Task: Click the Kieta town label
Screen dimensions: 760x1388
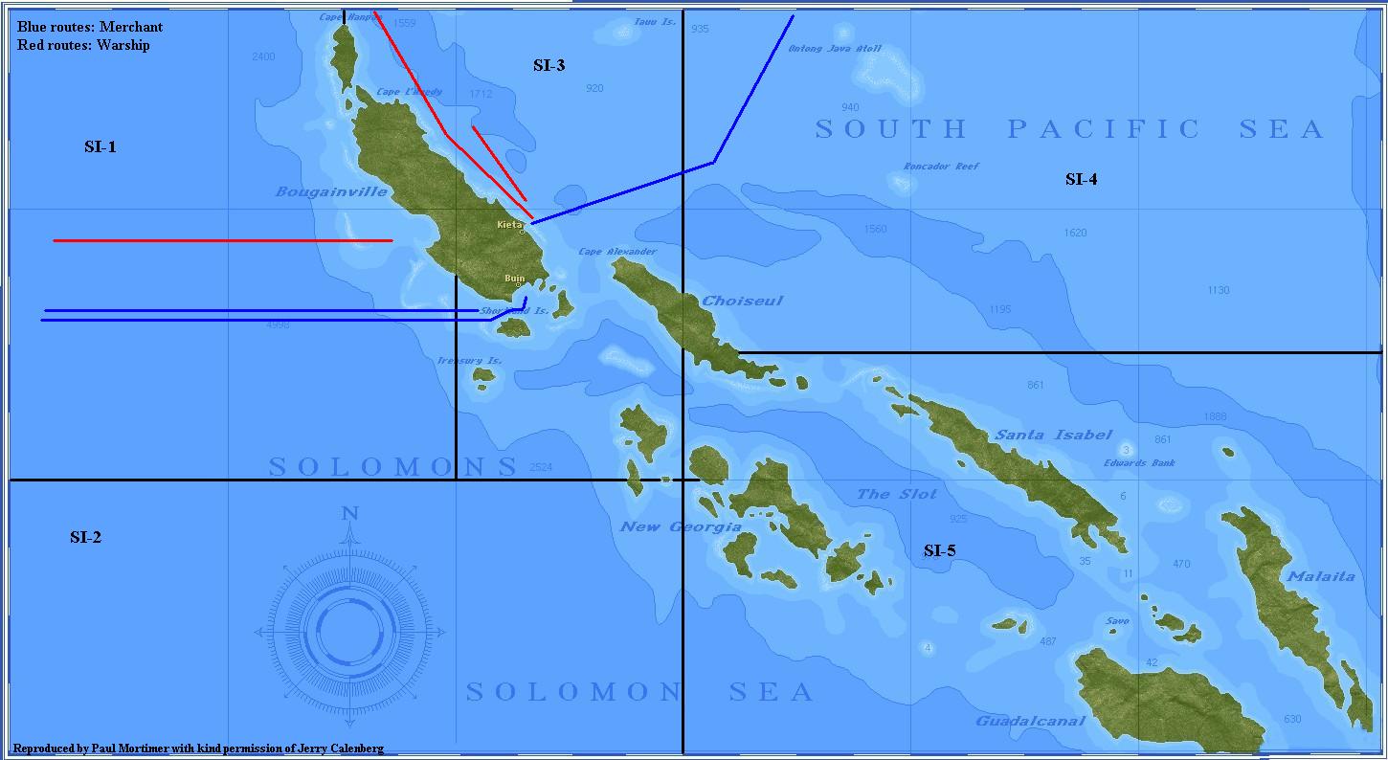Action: [509, 225]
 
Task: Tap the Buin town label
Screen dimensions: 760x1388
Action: [514, 279]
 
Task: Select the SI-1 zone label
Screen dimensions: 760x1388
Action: [101, 146]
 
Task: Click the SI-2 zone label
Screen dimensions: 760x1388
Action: [85, 537]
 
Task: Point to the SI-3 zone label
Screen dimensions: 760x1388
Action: [548, 65]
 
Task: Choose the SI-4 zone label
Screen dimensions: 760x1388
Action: [1081, 179]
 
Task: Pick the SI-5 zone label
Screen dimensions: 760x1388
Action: [939, 550]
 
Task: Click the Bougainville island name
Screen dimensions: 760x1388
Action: [331, 191]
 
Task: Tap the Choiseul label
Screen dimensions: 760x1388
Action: [742, 301]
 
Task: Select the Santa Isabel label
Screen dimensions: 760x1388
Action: [1053, 435]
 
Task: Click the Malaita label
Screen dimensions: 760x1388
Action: [1321, 576]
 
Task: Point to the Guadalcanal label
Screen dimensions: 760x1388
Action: [1030, 721]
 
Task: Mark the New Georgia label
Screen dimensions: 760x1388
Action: [681, 526]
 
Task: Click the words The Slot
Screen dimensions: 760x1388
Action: [897, 494]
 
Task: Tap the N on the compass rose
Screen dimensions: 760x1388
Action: [349, 514]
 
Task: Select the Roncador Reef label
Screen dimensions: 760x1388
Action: [942, 167]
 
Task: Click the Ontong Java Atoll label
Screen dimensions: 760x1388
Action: [834, 49]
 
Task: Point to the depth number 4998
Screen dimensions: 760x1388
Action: [278, 325]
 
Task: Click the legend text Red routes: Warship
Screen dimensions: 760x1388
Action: [83, 45]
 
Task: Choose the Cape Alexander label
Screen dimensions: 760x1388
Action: [617, 252]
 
